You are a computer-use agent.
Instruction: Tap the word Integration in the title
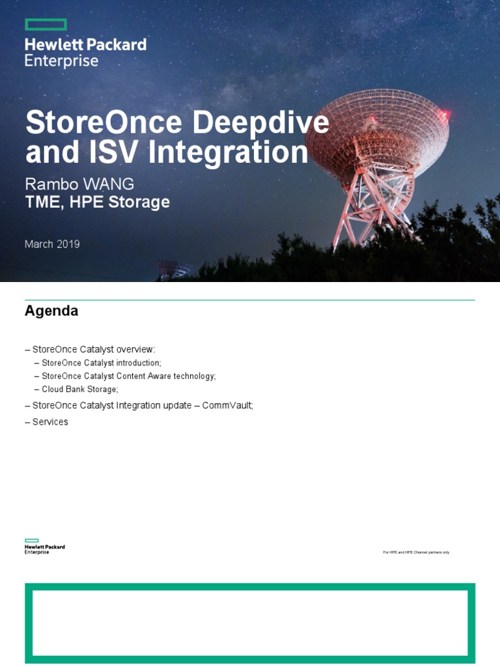[x=228, y=153]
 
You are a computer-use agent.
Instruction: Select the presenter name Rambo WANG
[x=79, y=183]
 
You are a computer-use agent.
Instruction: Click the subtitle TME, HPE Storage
[x=97, y=202]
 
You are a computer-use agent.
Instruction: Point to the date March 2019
[x=52, y=244]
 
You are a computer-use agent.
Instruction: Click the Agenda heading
[x=51, y=311]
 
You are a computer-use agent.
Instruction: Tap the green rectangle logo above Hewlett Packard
[x=46, y=25]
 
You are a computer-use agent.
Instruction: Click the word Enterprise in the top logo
[x=61, y=61]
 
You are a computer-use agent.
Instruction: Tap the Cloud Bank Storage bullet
[x=79, y=389]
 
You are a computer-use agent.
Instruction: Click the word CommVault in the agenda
[x=226, y=405]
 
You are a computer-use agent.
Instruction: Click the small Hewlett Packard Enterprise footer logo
[x=44, y=546]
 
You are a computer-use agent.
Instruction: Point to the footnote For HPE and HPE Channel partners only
[x=416, y=552]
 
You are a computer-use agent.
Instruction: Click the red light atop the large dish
[x=445, y=115]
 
